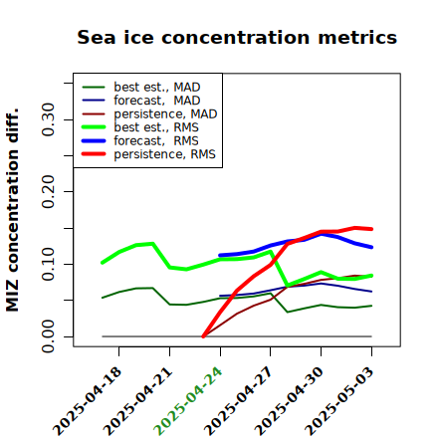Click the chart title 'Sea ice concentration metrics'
pos(237,37)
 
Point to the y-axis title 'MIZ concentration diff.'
pos(13,210)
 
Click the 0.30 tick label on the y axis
pos(49,119)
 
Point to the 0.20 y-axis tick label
pos(49,191)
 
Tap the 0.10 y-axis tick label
pos(49,264)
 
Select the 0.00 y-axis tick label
pos(49,336)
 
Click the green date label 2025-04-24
pos(188,401)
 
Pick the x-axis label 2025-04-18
pos(87,401)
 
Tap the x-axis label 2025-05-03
pos(339,401)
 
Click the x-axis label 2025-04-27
pos(238,401)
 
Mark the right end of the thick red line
pos(371,229)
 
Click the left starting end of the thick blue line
pos(220,256)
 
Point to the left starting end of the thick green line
pos(103,263)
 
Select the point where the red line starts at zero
pos(203,336)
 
